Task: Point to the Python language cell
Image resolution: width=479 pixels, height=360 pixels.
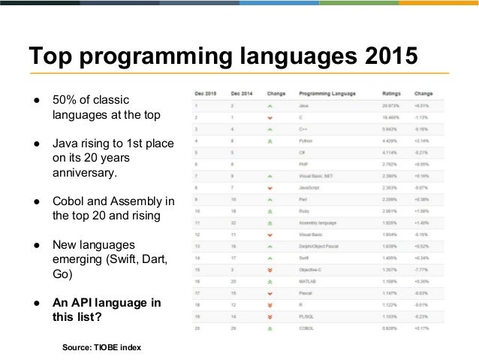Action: [x=306, y=140]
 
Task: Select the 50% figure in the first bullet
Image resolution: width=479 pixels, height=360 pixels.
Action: [x=64, y=100]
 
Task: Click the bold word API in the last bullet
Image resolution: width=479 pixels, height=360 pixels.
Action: [x=83, y=302]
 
